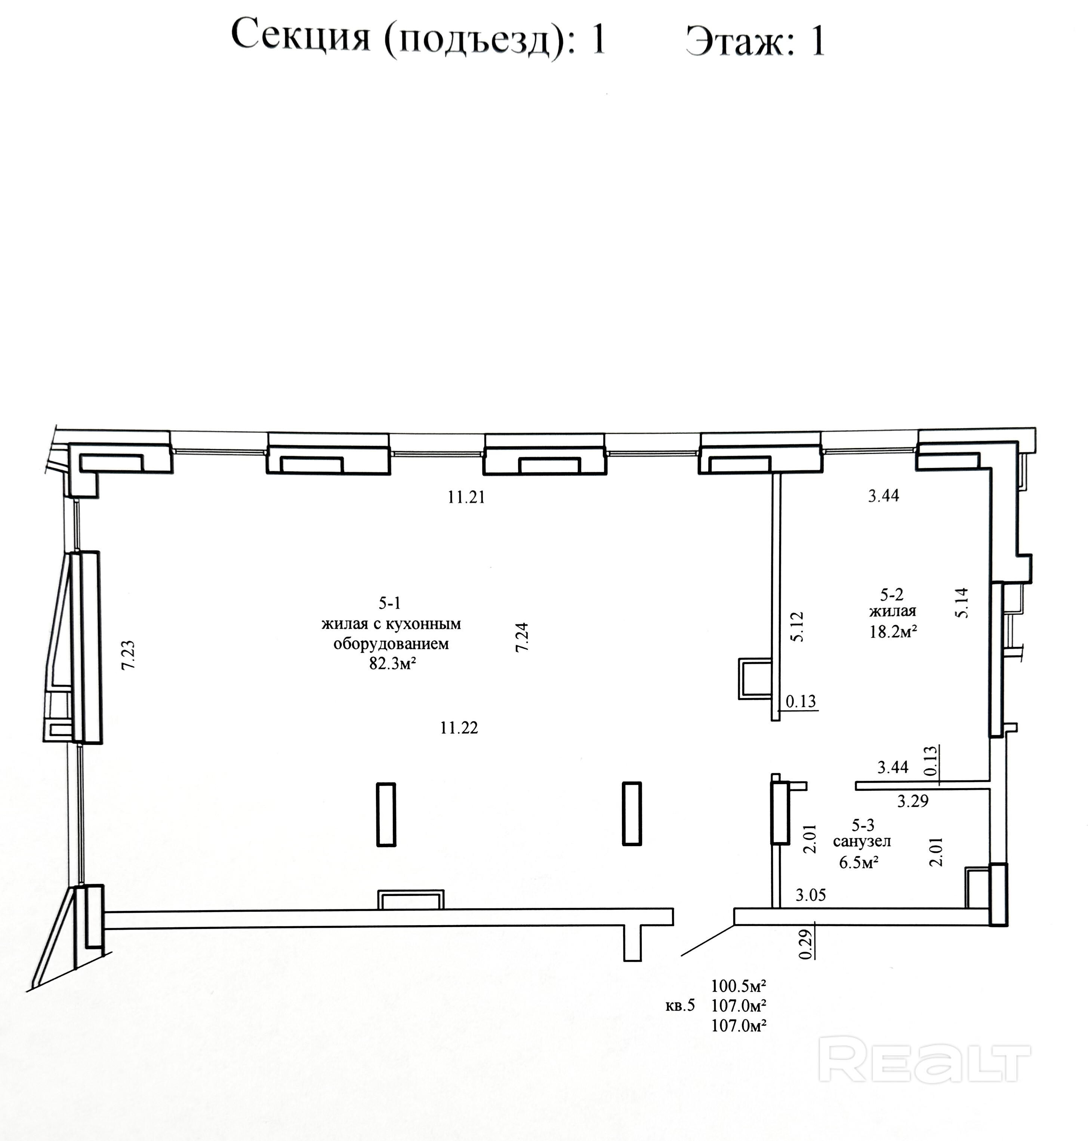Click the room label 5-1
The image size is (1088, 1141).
click(390, 603)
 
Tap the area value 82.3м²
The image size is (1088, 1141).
click(393, 663)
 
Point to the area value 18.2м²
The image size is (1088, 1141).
click(893, 631)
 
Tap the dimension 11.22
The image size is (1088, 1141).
click(459, 728)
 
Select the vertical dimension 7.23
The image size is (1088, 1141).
click(128, 655)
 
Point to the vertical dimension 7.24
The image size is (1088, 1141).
click(522, 637)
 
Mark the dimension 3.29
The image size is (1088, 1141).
click(913, 801)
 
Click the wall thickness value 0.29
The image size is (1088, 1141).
click(805, 944)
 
